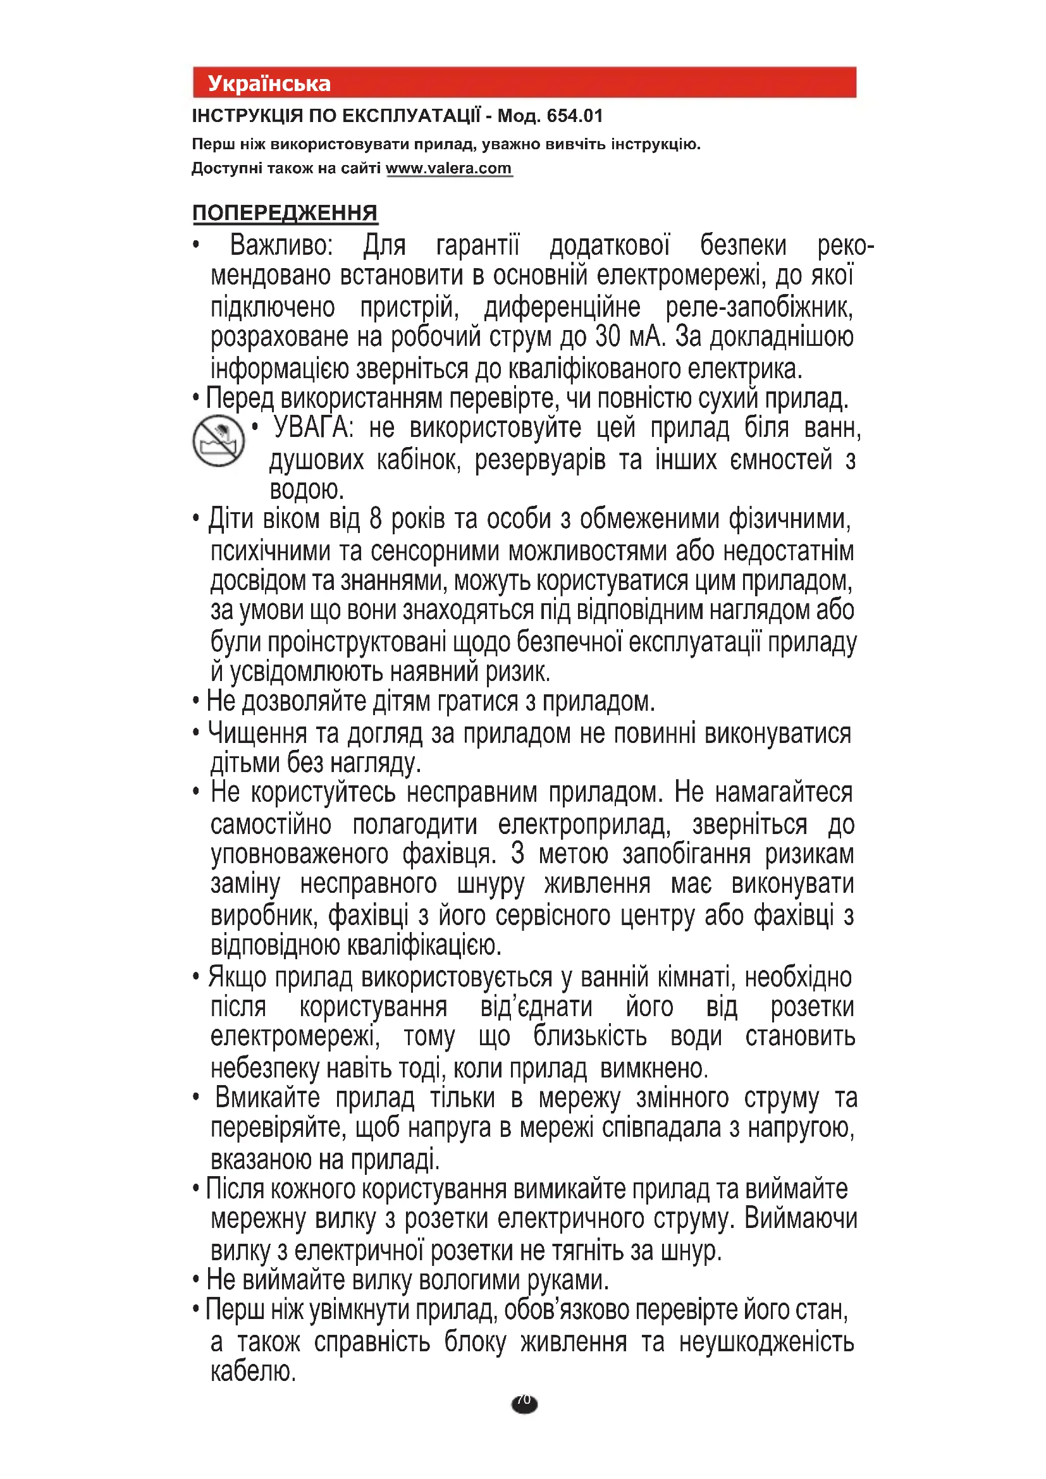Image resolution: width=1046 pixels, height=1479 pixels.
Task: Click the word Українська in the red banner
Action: coord(269,83)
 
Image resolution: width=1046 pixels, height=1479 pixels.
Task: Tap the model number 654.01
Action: coord(574,116)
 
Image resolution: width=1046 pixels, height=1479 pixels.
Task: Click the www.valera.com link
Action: coord(448,168)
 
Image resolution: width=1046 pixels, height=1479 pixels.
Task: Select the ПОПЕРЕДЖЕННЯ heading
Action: coord(285,212)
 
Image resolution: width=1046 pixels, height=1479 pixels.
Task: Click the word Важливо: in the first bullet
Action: coord(281,246)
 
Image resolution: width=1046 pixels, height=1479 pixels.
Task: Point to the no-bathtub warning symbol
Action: coord(218,441)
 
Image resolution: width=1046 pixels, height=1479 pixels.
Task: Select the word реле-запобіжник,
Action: coord(759,307)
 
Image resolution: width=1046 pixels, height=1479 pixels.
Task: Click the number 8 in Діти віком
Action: coord(376,519)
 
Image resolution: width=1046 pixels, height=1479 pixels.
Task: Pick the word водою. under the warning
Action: coord(307,489)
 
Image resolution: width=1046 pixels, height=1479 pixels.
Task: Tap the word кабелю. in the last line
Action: coord(253,1372)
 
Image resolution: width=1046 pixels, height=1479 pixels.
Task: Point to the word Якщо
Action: coord(237,978)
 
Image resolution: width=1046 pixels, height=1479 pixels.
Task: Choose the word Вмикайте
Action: coord(268,1098)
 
